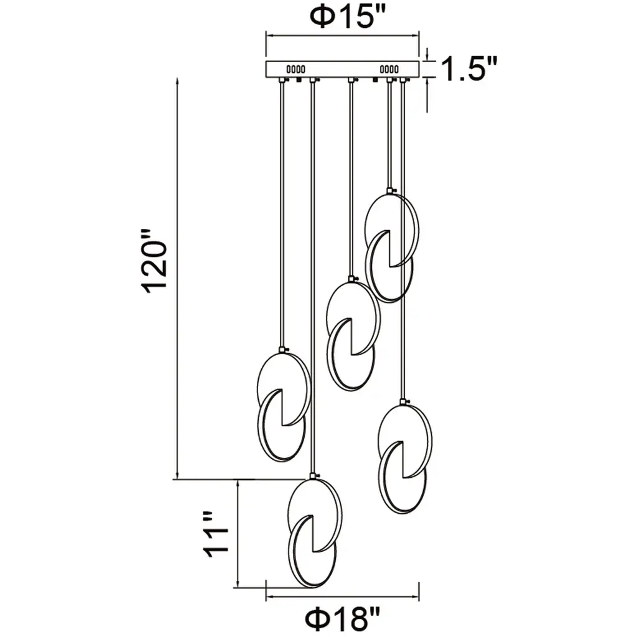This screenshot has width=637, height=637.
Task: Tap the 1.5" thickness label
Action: point(469,68)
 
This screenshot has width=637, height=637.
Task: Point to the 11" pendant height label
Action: point(215,533)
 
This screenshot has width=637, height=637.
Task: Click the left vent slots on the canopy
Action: point(295,70)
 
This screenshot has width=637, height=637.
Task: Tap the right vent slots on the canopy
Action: point(389,70)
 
